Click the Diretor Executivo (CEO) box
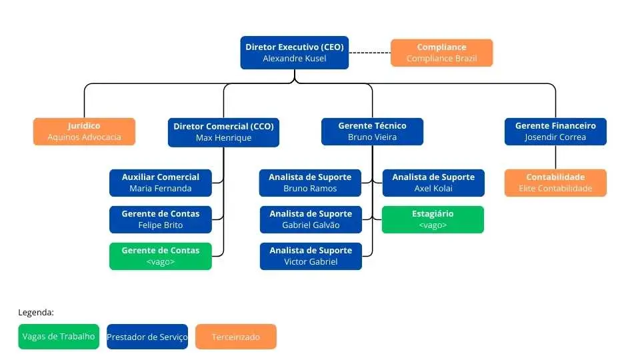[x=294, y=53]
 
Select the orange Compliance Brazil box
[x=441, y=53]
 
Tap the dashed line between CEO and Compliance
[x=369, y=53]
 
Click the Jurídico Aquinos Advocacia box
[x=84, y=131]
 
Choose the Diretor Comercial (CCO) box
[x=223, y=131]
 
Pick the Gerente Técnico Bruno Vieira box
[x=372, y=131]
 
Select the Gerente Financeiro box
[x=555, y=131]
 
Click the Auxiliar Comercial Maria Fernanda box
[x=160, y=183]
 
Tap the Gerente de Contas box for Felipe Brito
[x=160, y=219]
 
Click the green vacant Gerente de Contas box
[x=160, y=256]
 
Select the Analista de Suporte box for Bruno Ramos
[x=310, y=183]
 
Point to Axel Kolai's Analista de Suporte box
[x=433, y=183]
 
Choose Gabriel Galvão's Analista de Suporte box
[x=311, y=219]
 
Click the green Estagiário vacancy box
[x=433, y=219]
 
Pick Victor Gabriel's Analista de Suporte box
[x=311, y=256]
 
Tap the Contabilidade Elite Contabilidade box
[x=555, y=183]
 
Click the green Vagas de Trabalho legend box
[x=59, y=337]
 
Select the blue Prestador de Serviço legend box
[x=147, y=337]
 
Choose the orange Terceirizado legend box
[x=236, y=337]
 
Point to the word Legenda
[x=36, y=312]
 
